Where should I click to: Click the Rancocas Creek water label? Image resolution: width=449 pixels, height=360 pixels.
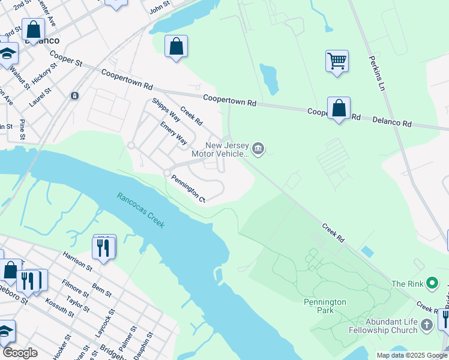[x=140, y=209]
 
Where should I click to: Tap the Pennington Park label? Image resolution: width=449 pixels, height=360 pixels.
[x=324, y=302]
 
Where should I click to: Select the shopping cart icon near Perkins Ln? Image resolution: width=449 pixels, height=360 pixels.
[x=337, y=61]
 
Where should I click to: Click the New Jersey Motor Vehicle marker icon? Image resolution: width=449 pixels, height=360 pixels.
[x=258, y=149]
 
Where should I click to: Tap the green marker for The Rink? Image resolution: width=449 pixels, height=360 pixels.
[x=431, y=283]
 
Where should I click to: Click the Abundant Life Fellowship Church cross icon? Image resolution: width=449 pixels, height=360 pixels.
[x=426, y=326]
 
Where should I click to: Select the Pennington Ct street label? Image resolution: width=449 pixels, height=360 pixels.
[x=188, y=188]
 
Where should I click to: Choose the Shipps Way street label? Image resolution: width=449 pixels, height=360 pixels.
[x=166, y=109]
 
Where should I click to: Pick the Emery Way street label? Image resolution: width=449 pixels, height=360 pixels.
[x=173, y=133]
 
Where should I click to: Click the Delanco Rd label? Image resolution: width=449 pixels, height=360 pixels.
[x=390, y=122]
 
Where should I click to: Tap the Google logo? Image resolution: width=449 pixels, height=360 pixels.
[x=20, y=353]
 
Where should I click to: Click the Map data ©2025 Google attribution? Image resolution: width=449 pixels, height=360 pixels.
[x=411, y=355]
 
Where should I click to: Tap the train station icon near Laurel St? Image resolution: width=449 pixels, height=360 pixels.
[x=74, y=95]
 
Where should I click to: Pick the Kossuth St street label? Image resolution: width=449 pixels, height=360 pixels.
[x=58, y=308]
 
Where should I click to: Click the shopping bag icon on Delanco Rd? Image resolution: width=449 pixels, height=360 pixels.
[x=339, y=108]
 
